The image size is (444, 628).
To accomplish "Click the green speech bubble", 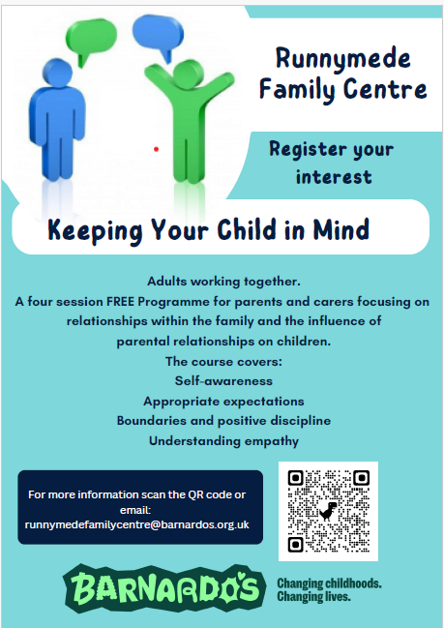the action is point(91,38).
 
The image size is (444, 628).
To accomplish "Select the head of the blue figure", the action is point(57,73).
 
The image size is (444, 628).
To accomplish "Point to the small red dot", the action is point(156,149).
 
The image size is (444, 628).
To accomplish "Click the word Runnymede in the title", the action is point(343,59).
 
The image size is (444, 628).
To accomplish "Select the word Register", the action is point(302,149).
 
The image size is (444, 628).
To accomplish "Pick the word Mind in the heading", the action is point(341,229).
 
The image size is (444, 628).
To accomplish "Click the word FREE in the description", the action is point(120,301).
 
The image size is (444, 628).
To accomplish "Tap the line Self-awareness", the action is point(223,381).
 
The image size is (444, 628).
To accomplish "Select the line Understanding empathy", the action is point(223,441).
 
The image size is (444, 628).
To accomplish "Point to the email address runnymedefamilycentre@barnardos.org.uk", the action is point(137,524).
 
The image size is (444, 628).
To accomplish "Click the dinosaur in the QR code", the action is point(328,511).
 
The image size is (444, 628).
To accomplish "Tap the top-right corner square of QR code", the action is point(361,478).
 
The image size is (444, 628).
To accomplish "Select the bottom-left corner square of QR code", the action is point(295,544).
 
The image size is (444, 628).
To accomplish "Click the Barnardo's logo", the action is point(164,588).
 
